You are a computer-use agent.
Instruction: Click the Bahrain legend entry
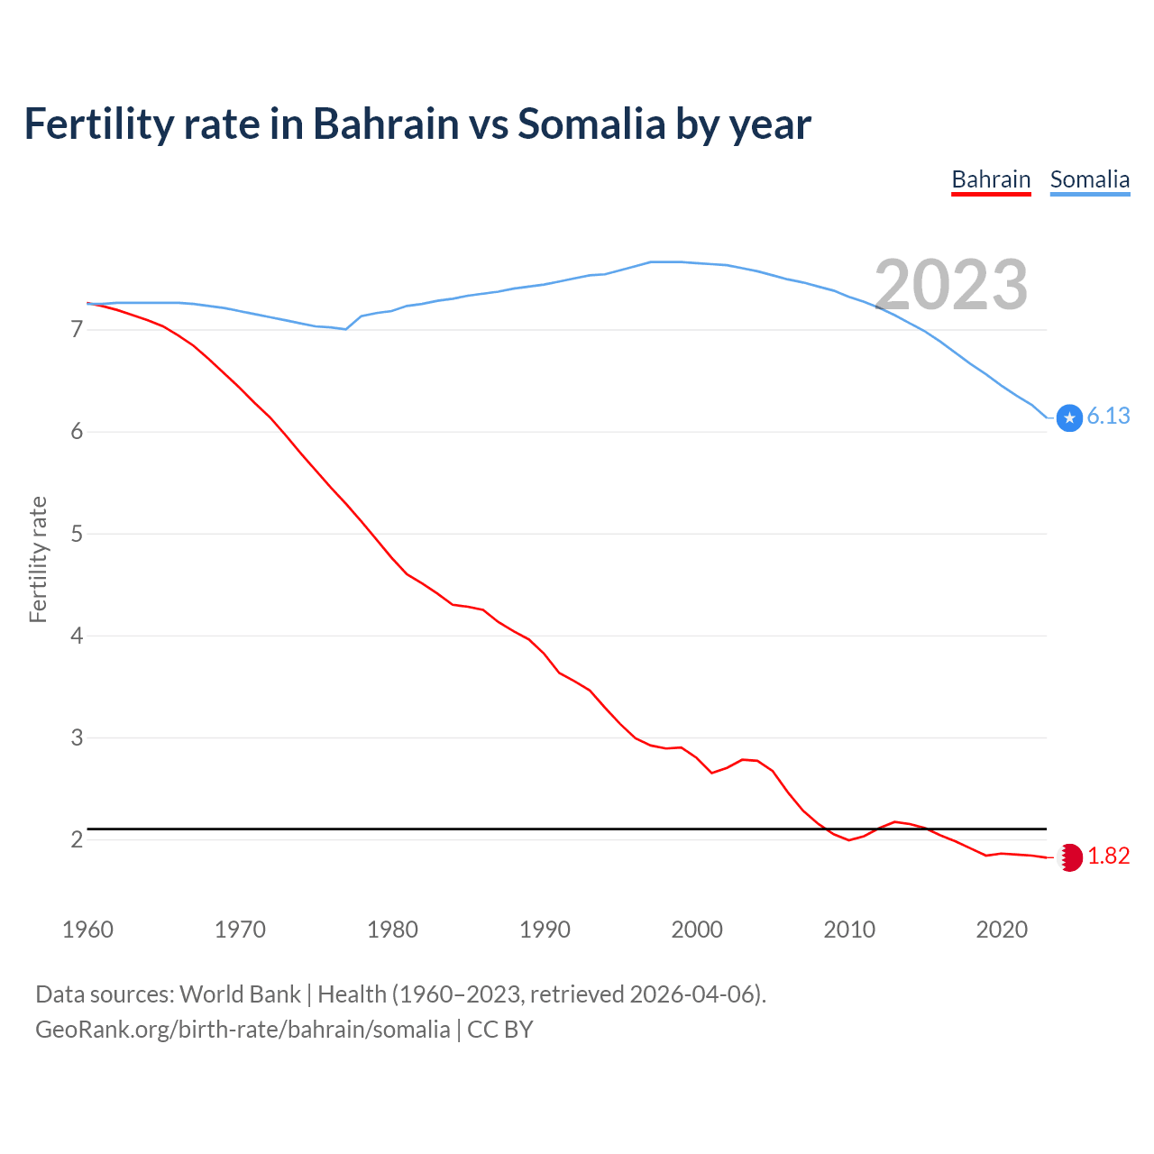click(991, 179)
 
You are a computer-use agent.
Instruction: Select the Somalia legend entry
click(1089, 179)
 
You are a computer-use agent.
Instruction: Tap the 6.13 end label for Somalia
click(1108, 416)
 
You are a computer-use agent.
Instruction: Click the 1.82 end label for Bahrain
click(1108, 856)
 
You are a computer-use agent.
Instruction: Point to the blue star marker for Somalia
click(1069, 417)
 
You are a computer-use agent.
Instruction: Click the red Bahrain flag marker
click(1070, 857)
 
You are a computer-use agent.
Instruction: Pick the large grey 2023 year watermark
click(951, 285)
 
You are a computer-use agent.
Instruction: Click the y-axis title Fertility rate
click(38, 559)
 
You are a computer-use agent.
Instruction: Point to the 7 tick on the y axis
click(77, 330)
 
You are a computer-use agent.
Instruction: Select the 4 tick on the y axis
click(77, 636)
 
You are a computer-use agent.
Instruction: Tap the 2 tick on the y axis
click(77, 839)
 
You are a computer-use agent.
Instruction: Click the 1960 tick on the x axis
click(87, 930)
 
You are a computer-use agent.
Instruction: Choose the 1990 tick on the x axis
click(545, 930)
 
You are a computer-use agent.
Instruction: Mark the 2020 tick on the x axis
click(1002, 930)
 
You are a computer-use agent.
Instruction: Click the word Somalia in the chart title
click(591, 124)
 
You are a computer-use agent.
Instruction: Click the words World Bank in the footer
click(240, 994)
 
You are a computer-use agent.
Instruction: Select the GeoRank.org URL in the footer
click(243, 1030)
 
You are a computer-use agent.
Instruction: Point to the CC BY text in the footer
click(500, 1030)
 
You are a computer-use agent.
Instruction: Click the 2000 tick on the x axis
click(697, 930)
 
